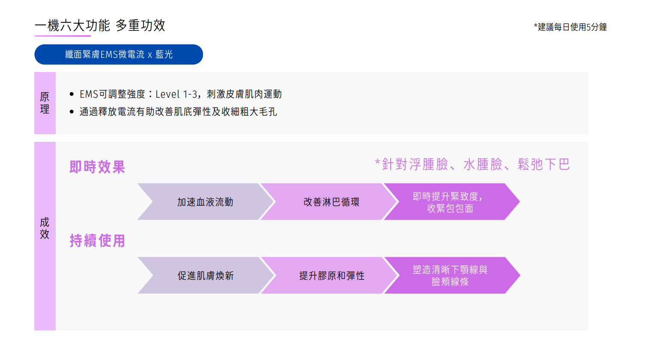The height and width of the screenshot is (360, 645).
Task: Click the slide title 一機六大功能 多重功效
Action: (100, 25)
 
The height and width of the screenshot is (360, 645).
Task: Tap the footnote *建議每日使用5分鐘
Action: (570, 27)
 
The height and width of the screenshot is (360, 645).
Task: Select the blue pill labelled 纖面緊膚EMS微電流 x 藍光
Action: (119, 54)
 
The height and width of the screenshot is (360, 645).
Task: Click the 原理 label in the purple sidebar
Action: (45, 103)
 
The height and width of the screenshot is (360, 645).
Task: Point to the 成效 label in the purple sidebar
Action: (45, 228)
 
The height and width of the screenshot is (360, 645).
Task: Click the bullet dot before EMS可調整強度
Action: (72, 94)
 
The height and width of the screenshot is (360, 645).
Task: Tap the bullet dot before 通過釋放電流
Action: (72, 112)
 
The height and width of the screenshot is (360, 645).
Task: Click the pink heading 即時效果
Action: (97, 167)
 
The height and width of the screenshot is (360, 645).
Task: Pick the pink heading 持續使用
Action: (97, 240)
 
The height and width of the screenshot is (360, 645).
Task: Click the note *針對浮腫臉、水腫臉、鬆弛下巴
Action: (472, 164)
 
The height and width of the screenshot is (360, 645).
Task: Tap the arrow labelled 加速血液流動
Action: (205, 202)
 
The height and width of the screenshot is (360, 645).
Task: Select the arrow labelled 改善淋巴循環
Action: (331, 202)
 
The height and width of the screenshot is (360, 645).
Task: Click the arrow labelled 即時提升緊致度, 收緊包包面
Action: (450, 202)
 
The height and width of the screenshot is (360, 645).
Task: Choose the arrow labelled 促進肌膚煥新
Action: (206, 276)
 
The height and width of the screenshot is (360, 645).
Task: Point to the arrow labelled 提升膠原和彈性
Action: (331, 276)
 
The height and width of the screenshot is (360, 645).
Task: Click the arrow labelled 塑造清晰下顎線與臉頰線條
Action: (450, 276)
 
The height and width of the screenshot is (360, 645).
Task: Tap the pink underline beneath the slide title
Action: (63, 36)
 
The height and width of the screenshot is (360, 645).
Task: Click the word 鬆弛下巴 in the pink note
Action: (543, 164)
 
